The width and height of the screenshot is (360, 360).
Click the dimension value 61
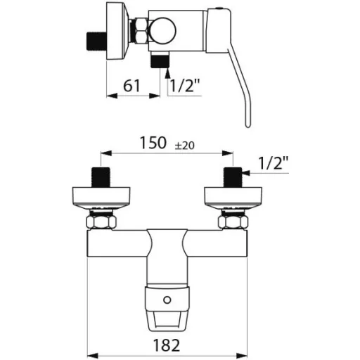(131, 86)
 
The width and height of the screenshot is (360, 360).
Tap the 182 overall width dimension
(167, 345)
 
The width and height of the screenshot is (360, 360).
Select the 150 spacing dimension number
(153, 143)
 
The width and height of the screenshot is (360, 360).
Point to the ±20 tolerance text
(185, 146)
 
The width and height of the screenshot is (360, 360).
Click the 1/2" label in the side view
(184, 86)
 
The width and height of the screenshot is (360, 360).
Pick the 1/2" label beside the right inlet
(274, 163)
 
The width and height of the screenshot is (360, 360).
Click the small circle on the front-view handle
(167, 300)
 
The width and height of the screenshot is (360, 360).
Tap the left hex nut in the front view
(101, 222)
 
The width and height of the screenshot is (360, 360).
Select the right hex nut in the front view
(233, 222)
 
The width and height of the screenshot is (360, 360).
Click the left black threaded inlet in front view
(101, 177)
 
